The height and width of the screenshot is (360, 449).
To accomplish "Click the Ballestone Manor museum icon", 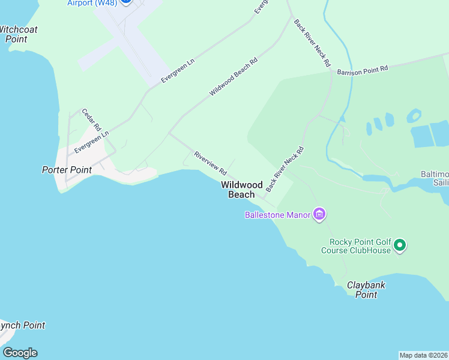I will tap(319, 214).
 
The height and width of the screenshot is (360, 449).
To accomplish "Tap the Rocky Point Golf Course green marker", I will tap(400, 245).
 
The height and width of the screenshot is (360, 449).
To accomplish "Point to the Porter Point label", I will tap(67, 170).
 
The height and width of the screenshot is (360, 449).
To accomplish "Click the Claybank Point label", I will tap(366, 290).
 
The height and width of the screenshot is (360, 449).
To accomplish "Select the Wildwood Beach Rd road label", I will tap(234, 77).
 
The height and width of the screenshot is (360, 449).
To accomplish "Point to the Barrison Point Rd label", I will tap(363, 70).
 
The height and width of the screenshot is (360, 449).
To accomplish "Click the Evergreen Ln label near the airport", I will tap(178, 72).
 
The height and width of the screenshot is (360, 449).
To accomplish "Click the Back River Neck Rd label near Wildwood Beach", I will tap(285, 169).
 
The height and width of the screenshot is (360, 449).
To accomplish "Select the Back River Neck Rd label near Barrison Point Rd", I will tap(312, 42).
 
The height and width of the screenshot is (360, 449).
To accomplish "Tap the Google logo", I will tap(19, 353).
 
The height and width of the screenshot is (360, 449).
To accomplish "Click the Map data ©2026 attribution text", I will tap(424, 355).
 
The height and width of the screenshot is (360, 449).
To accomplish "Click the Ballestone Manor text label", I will tap(277, 215).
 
